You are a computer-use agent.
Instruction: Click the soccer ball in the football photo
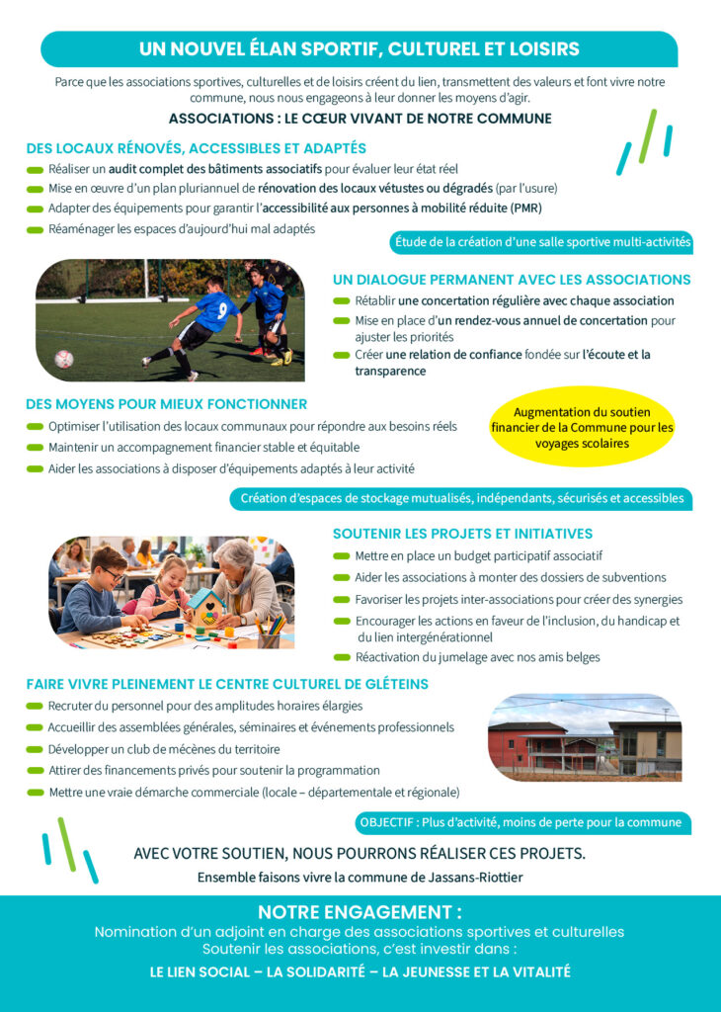click(64, 359)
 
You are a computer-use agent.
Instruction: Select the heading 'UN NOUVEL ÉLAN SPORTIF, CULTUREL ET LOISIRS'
click(359, 48)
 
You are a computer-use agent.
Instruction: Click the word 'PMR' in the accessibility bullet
click(525, 209)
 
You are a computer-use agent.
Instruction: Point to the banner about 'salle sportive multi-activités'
click(542, 241)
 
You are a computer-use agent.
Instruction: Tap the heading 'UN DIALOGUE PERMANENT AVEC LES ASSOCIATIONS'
click(512, 280)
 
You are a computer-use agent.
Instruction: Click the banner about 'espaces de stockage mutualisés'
click(461, 498)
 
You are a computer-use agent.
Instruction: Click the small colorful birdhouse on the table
click(206, 604)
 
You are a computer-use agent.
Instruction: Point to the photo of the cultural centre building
click(585, 736)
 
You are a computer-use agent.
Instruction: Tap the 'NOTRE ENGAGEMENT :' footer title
click(360, 912)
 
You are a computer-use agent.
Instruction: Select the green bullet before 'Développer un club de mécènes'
click(35, 749)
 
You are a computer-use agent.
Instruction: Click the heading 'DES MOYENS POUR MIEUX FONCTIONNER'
click(166, 404)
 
